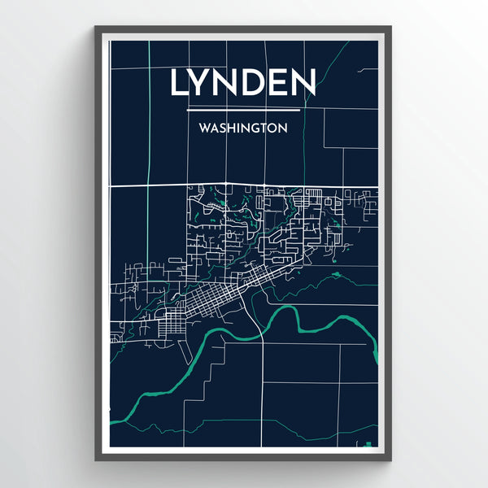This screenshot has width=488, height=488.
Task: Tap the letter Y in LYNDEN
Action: click(x=203, y=82)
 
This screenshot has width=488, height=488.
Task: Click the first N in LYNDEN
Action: click(x=229, y=82)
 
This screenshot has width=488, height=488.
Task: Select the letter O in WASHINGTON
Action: click(x=274, y=129)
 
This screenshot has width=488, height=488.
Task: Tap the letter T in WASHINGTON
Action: click(x=265, y=129)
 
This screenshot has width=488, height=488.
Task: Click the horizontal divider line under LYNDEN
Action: click(x=243, y=109)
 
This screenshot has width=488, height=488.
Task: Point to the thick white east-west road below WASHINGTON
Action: click(x=163, y=185)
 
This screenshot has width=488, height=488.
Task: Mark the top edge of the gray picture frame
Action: click(x=243, y=29)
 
